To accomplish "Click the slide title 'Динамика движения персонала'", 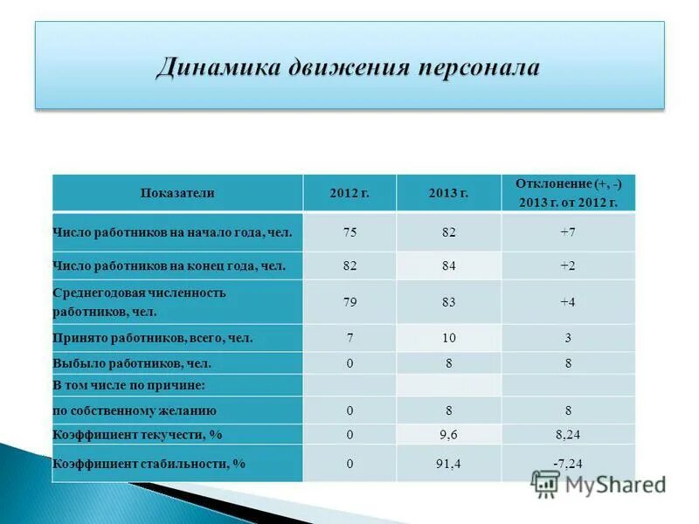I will click(x=349, y=67).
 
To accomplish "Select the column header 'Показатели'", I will click(x=177, y=193).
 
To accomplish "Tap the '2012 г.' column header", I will click(x=349, y=193).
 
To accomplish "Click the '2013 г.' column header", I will click(x=449, y=193).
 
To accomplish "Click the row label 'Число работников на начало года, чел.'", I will click(x=172, y=233).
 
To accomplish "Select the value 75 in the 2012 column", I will click(x=349, y=233).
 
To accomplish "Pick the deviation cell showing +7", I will click(x=568, y=233).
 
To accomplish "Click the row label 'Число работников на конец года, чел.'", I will click(x=170, y=265).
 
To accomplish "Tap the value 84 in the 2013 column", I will click(x=449, y=265).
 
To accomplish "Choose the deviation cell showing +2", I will click(x=568, y=265).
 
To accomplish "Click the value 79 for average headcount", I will click(x=349, y=302).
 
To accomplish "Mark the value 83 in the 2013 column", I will click(x=449, y=302).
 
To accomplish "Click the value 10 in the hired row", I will click(x=449, y=337).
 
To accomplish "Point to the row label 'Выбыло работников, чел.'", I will click(x=132, y=363).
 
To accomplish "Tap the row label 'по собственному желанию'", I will click(x=135, y=410).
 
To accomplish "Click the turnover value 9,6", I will click(x=449, y=434).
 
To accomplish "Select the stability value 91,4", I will click(x=449, y=465).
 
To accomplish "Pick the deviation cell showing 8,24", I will click(x=568, y=434).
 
